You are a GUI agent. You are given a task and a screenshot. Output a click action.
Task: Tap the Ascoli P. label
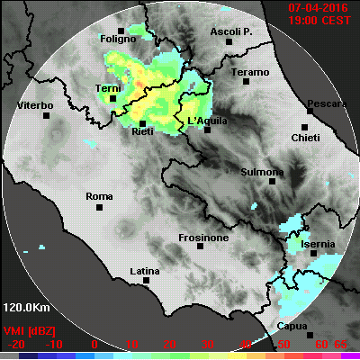(x=229, y=32)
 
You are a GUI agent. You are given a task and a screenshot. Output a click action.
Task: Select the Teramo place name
(x=249, y=72)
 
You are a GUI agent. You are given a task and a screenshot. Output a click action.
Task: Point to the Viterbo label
(x=36, y=106)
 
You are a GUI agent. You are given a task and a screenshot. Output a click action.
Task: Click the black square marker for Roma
(x=98, y=208)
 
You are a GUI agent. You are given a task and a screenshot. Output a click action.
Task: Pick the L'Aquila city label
(x=208, y=121)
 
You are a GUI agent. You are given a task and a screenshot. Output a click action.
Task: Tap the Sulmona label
(x=263, y=171)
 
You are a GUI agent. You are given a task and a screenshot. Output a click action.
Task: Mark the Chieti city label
(x=304, y=138)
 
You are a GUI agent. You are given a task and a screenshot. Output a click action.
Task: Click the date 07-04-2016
(x=319, y=8)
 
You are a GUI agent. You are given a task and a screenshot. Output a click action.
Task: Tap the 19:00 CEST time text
(x=320, y=21)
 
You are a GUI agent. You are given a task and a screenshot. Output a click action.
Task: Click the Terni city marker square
(x=112, y=99)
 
